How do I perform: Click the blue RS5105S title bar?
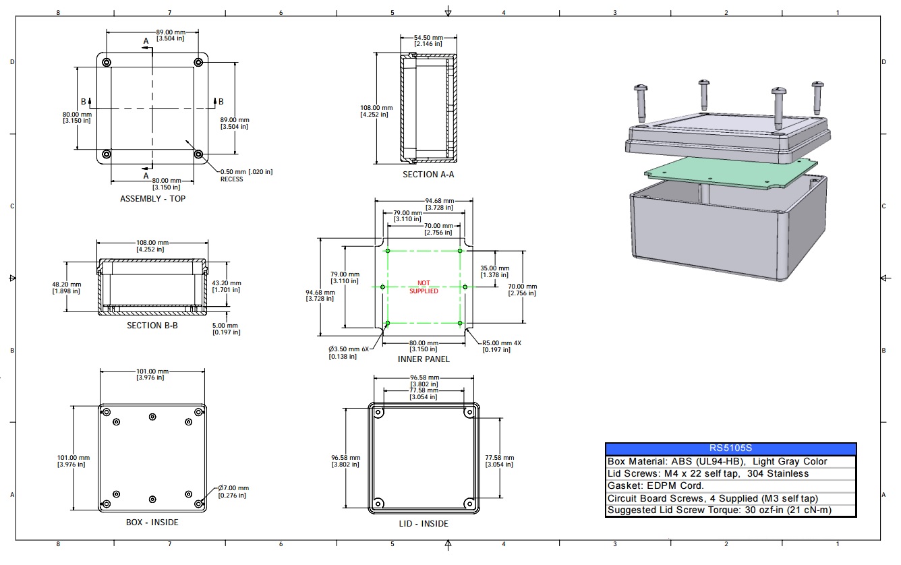coord(730,448)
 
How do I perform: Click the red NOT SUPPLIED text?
coord(424,287)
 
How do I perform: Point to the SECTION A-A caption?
coord(428,175)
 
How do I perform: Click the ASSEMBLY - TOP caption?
coord(152,199)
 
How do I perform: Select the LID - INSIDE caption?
coord(424,524)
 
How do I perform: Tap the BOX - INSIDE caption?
coord(152,522)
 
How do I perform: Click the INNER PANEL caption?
coord(424,359)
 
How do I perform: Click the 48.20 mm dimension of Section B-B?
coord(67,287)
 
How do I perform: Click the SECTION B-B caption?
coord(152,326)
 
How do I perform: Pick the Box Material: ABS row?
coord(717,462)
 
